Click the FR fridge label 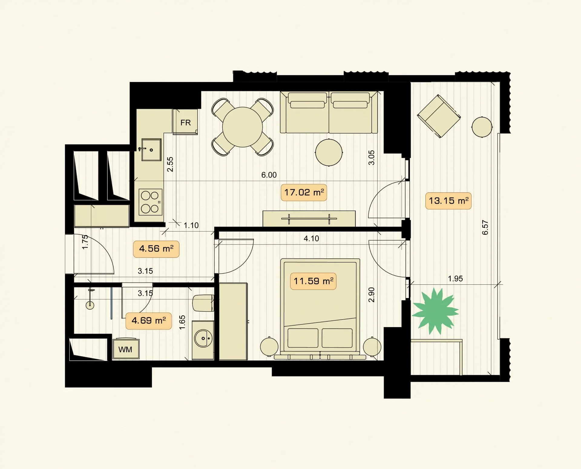pyautogui.click(x=185, y=123)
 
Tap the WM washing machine pyautogui.click(x=126, y=349)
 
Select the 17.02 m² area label pyautogui.click(x=304, y=192)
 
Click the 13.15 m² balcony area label pyautogui.click(x=448, y=201)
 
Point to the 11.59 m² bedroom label pyautogui.click(x=313, y=281)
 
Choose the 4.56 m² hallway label pyautogui.click(x=156, y=249)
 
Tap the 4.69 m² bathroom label pyautogui.click(x=149, y=320)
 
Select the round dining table pyautogui.click(x=242, y=127)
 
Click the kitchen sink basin pyautogui.click(x=151, y=150)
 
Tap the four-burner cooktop pyautogui.click(x=150, y=202)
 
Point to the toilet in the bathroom pyautogui.click(x=203, y=303)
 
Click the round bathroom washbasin pyautogui.click(x=203, y=338)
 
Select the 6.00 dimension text pyautogui.click(x=269, y=175)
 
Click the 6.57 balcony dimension pyautogui.click(x=485, y=228)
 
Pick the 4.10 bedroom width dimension pyautogui.click(x=311, y=238)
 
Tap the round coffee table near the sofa pyautogui.click(x=329, y=152)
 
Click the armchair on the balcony pyautogui.click(x=439, y=116)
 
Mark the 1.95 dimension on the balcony pyautogui.click(x=455, y=279)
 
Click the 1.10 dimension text pyautogui.click(x=191, y=225)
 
